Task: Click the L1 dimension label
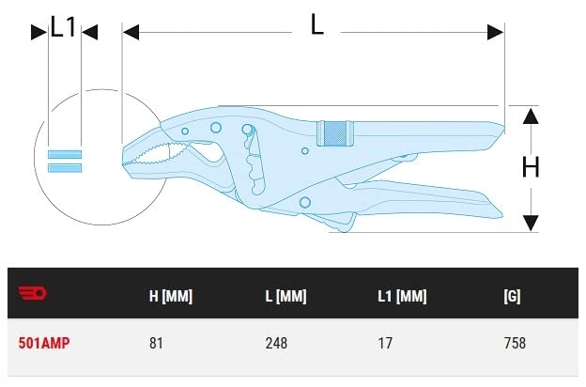[x=64, y=27]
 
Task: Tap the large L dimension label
[x=316, y=24]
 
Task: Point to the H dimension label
[x=531, y=167]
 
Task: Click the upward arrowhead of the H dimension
[x=531, y=116]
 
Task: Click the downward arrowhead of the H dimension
[x=531, y=224]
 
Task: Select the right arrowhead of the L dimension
[x=496, y=32]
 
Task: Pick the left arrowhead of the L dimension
[x=131, y=32]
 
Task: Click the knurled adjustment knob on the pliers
[x=335, y=133]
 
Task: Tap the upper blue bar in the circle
[x=65, y=154]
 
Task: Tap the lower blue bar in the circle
[x=65, y=168]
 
